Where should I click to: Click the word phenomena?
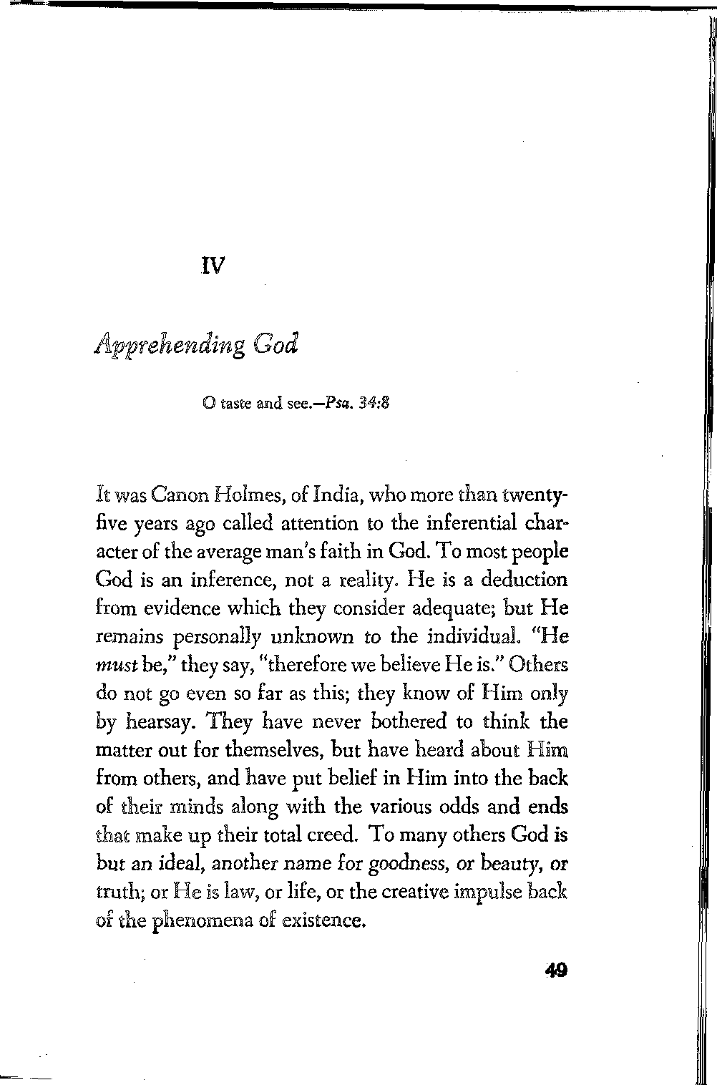[x=202, y=920]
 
